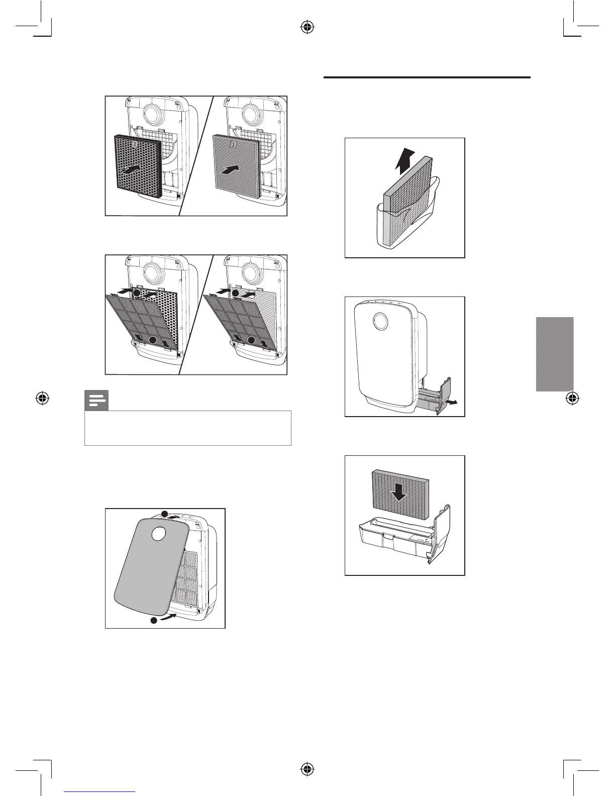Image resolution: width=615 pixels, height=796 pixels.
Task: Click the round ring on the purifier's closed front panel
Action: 380,322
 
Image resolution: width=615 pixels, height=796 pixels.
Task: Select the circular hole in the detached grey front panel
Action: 158,534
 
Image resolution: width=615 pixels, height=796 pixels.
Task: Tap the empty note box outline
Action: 188,428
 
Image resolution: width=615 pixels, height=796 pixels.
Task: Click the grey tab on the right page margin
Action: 555,354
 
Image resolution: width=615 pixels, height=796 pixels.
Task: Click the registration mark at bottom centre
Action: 307,769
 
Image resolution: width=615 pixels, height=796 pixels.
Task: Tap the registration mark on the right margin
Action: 571,399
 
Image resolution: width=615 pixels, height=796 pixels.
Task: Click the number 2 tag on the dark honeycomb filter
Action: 135,144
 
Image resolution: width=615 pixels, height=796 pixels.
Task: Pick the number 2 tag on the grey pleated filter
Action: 233,145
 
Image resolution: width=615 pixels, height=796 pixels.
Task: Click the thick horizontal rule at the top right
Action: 427,77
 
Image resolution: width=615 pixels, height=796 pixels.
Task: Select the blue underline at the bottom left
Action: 99,791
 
